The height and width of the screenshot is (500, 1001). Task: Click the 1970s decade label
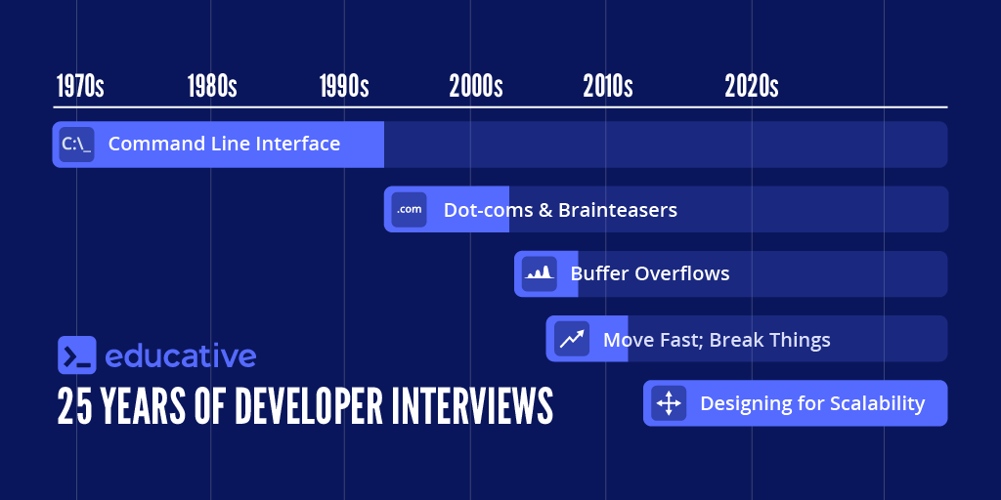click(79, 86)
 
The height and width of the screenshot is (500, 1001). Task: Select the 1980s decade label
click(212, 86)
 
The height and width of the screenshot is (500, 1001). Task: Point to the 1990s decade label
click(344, 86)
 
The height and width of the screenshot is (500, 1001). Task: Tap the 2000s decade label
click(476, 86)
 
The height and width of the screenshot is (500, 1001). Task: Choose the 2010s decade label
click(608, 86)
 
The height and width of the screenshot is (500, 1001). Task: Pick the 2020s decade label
click(752, 86)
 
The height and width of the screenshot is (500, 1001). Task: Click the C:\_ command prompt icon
click(76, 145)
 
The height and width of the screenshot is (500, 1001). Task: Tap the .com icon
click(409, 209)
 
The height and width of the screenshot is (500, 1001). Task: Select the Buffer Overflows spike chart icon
click(539, 274)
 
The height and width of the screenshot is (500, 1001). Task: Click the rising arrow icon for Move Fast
click(571, 339)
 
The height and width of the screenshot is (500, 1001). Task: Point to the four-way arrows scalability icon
click(669, 403)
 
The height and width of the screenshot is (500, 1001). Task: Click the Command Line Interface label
click(224, 145)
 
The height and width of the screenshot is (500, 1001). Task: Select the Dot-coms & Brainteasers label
click(560, 210)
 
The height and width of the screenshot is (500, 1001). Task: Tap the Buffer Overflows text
click(650, 274)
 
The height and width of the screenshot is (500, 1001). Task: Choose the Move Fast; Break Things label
click(717, 340)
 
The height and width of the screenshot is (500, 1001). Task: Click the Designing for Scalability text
click(812, 403)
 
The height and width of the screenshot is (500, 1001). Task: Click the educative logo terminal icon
click(76, 355)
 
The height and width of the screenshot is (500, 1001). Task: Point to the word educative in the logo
click(180, 355)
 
